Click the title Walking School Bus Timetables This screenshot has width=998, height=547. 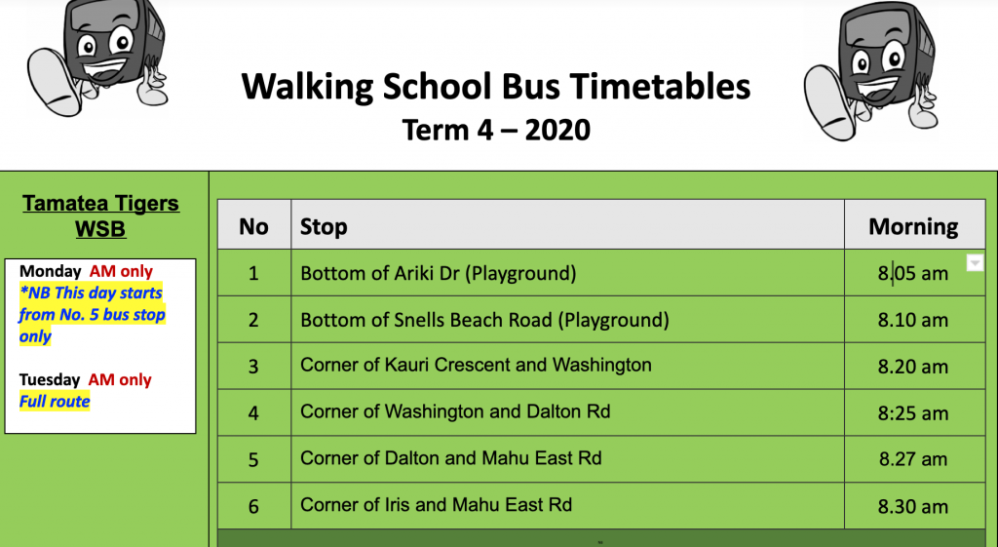pos(496,87)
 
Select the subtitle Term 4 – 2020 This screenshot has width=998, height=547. pos(496,130)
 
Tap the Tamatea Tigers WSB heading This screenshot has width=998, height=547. pos(100,215)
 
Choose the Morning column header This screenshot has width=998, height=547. pos(913,226)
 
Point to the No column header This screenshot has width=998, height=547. pos(253,226)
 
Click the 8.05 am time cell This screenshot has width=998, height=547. pos(913,273)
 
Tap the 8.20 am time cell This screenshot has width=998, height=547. pos(913,367)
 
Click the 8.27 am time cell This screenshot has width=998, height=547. pos(913,459)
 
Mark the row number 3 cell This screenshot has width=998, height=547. pos(253,367)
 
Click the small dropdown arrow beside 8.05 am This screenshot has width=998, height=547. pos(975,263)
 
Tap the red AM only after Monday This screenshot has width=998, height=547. pos(121,271)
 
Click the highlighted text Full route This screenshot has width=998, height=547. pos(55,402)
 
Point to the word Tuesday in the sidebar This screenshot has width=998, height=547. pos(50,380)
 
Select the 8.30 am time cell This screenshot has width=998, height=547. pos(913,506)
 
